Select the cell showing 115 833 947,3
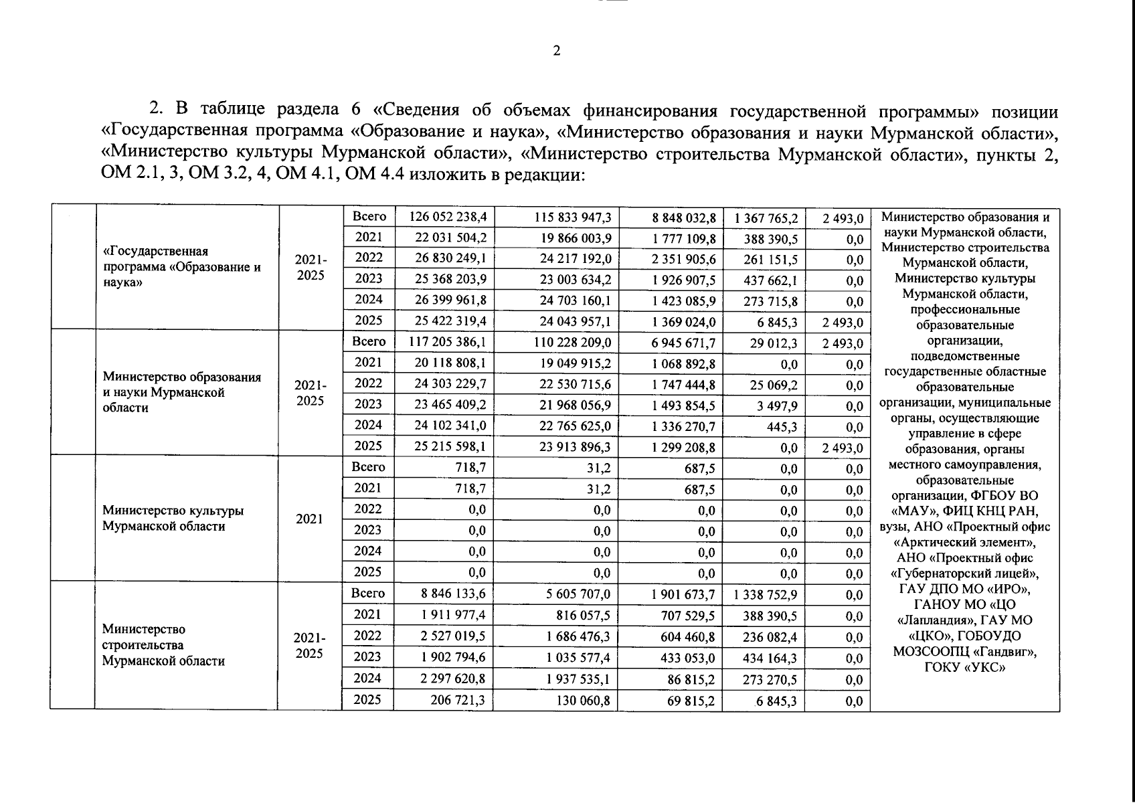point(573,217)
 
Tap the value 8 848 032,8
point(684,218)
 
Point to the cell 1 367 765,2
point(766,218)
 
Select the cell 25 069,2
point(774,385)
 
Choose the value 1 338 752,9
point(766,594)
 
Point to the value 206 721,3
point(457,700)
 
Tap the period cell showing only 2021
point(309,519)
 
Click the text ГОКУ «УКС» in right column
point(964,667)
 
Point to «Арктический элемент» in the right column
point(964,542)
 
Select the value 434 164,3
point(770,658)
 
